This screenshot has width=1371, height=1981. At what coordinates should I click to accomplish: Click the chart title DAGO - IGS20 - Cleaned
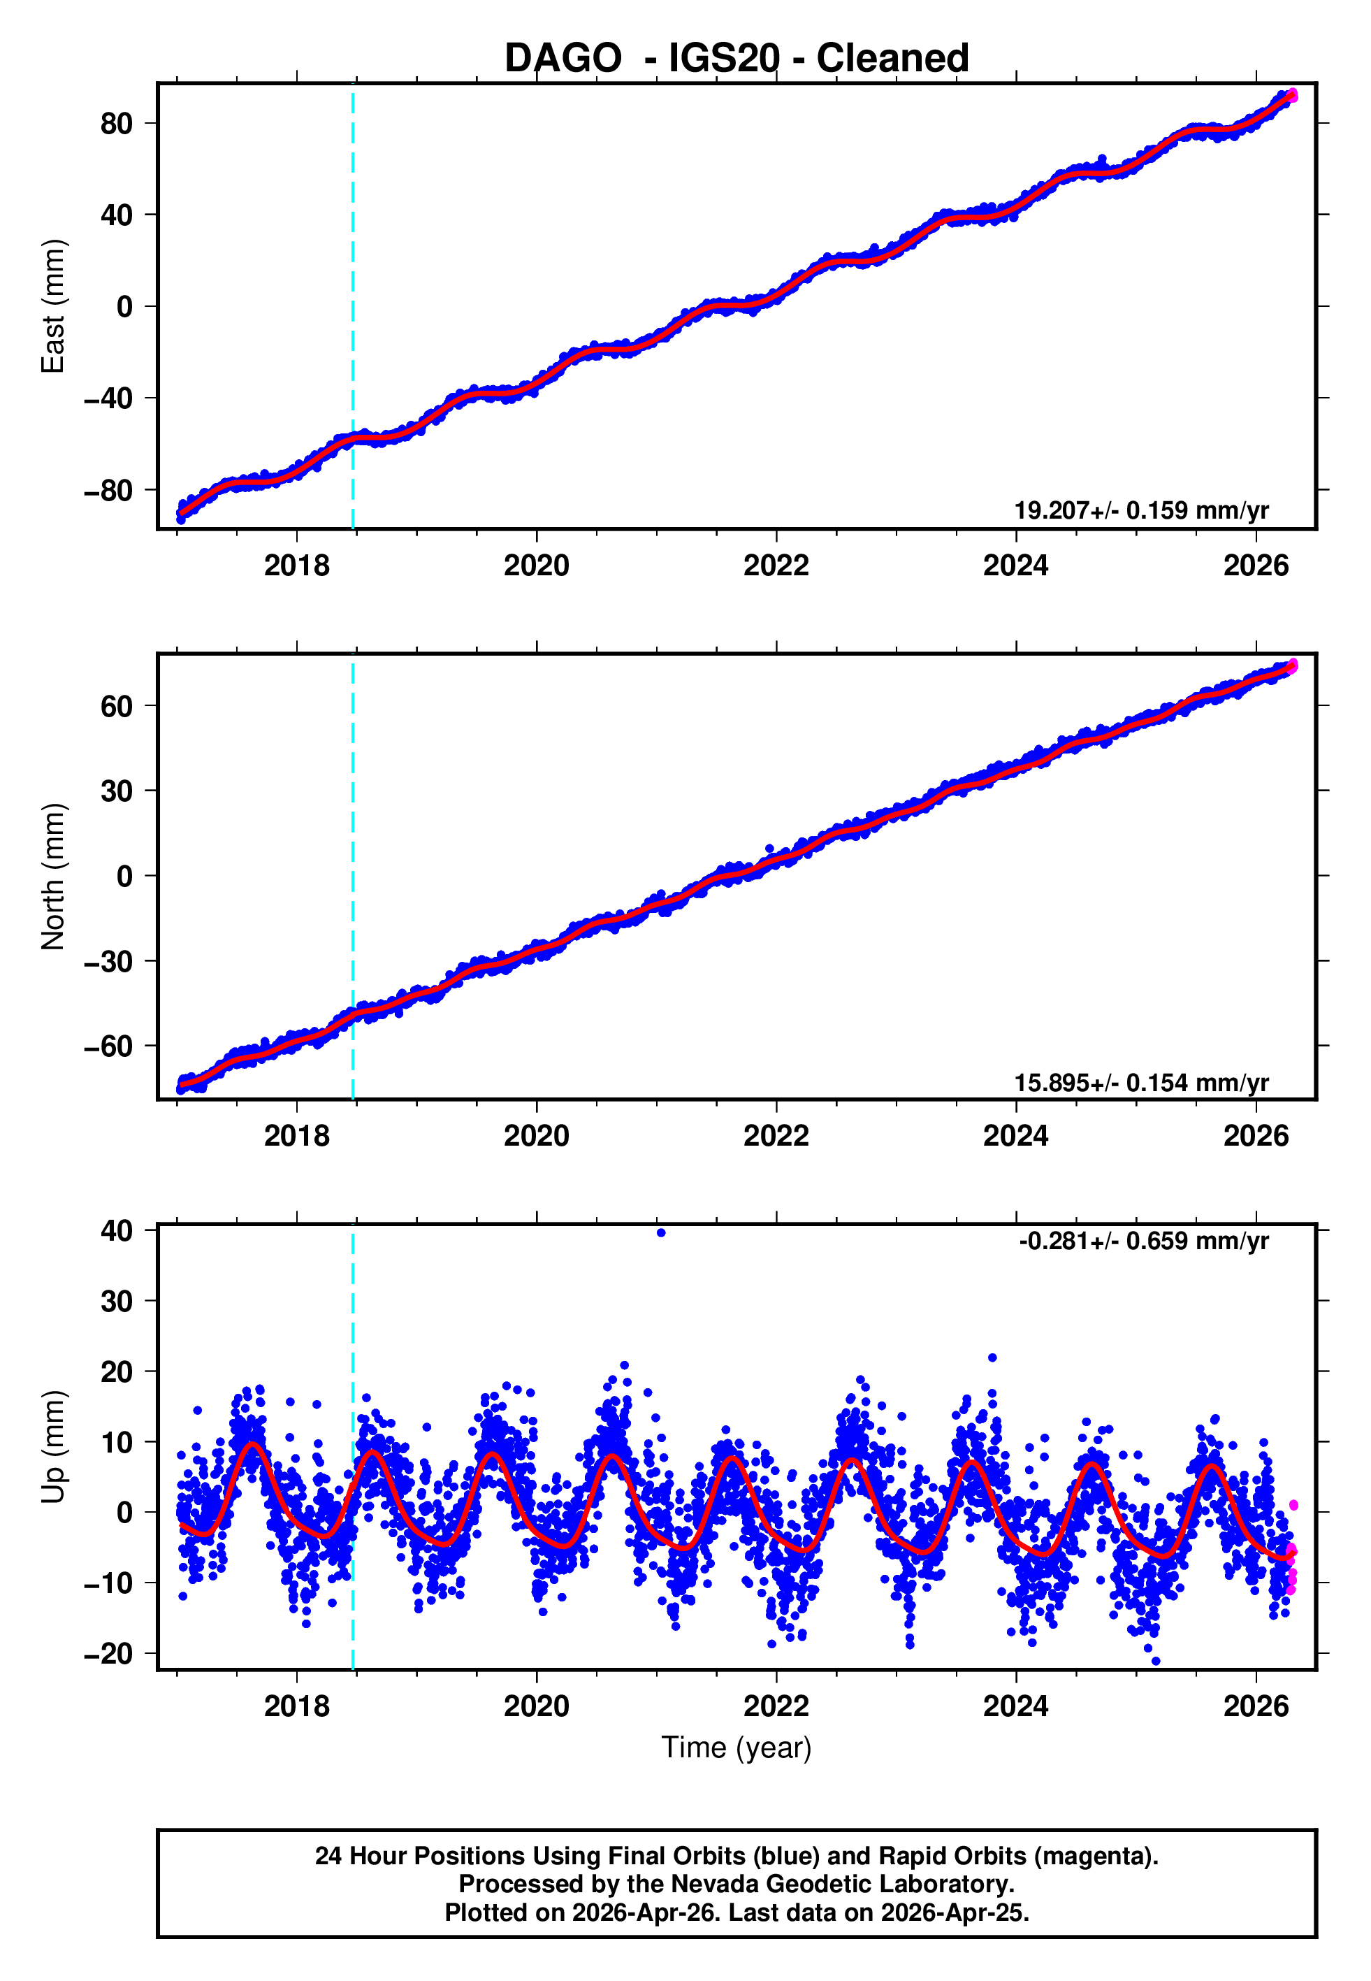tap(737, 59)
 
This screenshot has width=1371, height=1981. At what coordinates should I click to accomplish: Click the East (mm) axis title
tap(53, 306)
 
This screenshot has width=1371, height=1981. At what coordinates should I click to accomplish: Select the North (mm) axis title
tap(53, 877)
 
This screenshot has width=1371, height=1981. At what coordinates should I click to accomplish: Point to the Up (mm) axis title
tap(53, 1447)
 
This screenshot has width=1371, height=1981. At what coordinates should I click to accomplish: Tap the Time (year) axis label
tap(737, 1748)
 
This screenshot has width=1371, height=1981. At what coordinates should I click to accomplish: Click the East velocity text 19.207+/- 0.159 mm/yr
tap(1141, 510)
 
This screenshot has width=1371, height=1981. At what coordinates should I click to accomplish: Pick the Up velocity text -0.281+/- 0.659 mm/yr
tap(1143, 1241)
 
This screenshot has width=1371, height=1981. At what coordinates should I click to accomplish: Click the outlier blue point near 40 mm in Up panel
tap(660, 1233)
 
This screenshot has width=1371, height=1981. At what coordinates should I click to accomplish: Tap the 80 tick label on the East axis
tap(117, 124)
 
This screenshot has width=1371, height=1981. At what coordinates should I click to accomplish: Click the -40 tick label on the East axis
tap(108, 398)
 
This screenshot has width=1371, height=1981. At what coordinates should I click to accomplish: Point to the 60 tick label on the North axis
tap(117, 706)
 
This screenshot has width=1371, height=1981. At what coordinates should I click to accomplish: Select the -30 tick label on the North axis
tap(108, 961)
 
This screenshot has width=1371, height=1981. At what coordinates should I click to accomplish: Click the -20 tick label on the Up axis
tap(108, 1653)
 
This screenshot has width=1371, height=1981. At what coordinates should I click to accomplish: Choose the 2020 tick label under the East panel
tap(536, 566)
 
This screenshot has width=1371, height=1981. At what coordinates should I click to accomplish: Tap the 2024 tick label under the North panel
tap(1015, 1136)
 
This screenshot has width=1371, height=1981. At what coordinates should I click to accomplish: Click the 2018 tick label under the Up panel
tap(296, 1706)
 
